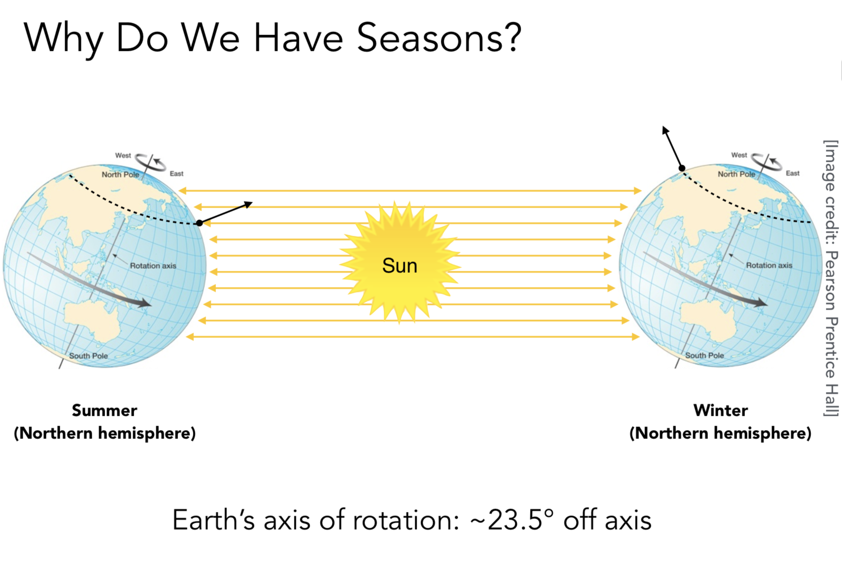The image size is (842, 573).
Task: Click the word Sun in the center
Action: pyautogui.click(x=400, y=266)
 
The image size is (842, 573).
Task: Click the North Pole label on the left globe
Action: pyautogui.click(x=120, y=175)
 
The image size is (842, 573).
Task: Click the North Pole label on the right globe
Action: pyautogui.click(x=737, y=174)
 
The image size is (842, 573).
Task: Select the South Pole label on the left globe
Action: pyautogui.click(x=88, y=356)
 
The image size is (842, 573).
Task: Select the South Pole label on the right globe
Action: pyautogui.click(x=704, y=356)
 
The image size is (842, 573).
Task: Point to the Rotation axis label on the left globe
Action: pyautogui.click(x=153, y=265)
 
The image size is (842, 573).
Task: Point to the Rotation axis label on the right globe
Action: pyautogui.click(x=769, y=265)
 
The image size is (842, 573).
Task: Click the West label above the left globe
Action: pyautogui.click(x=123, y=155)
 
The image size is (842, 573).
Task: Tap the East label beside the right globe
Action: pyautogui.click(x=792, y=173)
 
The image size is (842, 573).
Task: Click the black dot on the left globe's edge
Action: pyautogui.click(x=200, y=223)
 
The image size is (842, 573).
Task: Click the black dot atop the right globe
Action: pyautogui.click(x=682, y=169)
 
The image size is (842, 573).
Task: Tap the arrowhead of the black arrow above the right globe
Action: pyautogui.click(x=665, y=129)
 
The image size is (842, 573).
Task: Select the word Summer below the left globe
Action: pyautogui.click(x=105, y=410)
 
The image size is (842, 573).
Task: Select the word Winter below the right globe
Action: pyautogui.click(x=721, y=410)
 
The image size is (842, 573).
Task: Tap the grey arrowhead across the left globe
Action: pyautogui.click(x=143, y=303)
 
